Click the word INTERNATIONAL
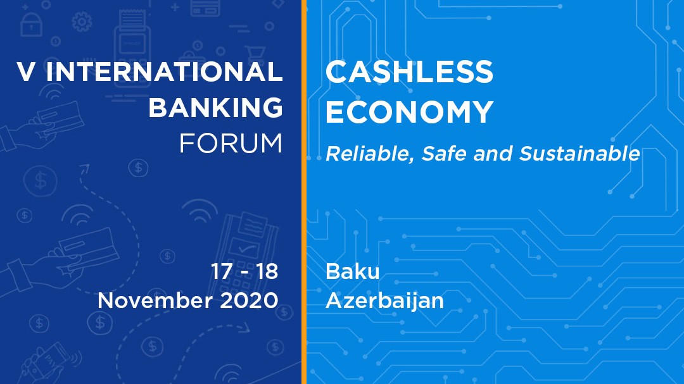tap(164, 71)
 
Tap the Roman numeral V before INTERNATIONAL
tap(26, 71)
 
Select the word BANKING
tap(216, 107)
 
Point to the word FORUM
tap(231, 144)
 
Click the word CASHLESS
tap(409, 72)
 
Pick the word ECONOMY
tap(409, 112)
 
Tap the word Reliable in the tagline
tap(369, 154)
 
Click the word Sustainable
tap(579, 154)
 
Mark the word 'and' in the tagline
tap(493, 154)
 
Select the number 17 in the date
tap(222, 271)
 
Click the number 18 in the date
tap(267, 271)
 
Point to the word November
tap(155, 300)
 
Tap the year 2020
tap(249, 300)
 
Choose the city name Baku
tap(353, 271)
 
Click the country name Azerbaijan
tap(384, 301)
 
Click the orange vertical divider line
tap(303, 192)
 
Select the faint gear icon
tap(82, 21)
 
